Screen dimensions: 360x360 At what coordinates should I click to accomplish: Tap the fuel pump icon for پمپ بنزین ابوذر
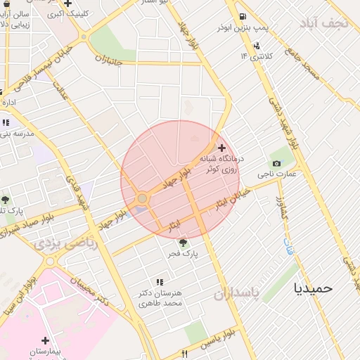click(243, 17)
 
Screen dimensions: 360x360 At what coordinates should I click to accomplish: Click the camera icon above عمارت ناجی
click(276, 163)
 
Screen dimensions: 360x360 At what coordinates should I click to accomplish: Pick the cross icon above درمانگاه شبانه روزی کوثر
click(222, 148)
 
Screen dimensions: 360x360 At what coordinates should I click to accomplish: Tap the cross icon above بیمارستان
click(46, 340)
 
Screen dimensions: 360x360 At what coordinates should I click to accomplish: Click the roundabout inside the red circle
click(142, 199)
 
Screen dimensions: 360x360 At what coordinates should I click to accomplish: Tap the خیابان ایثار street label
click(231, 199)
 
